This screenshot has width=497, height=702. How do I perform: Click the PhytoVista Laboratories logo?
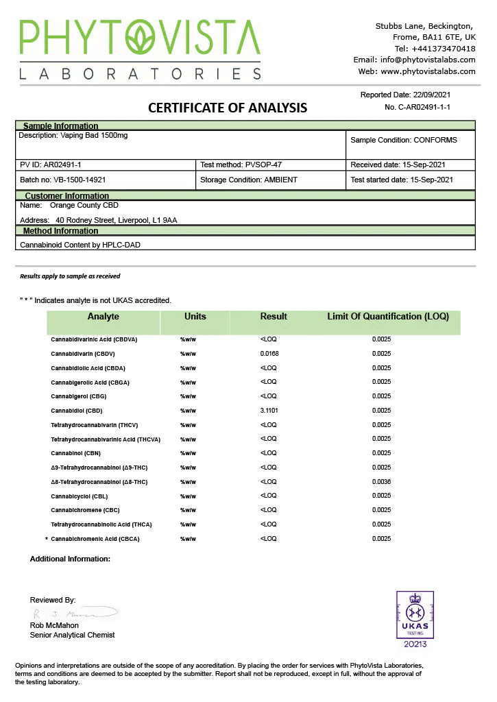pos(140,49)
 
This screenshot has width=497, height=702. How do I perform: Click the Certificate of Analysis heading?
pos(228,108)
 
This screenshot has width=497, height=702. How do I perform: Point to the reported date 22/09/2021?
pos(432,95)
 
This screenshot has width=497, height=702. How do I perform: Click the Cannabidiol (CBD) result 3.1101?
pos(269,411)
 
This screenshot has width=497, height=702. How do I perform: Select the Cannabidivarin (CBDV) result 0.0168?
pos(269,354)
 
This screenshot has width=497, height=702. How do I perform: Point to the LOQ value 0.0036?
pos(381,482)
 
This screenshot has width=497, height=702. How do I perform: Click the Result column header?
pos(274,317)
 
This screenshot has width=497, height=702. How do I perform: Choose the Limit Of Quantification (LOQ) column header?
pos(388,317)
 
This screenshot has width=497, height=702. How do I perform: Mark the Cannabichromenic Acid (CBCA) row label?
pos(95,539)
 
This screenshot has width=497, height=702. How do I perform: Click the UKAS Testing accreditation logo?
pos(415,619)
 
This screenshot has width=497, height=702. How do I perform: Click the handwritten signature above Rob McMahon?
pos(75,612)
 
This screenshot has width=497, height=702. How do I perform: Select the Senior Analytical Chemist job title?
pos(72,636)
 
